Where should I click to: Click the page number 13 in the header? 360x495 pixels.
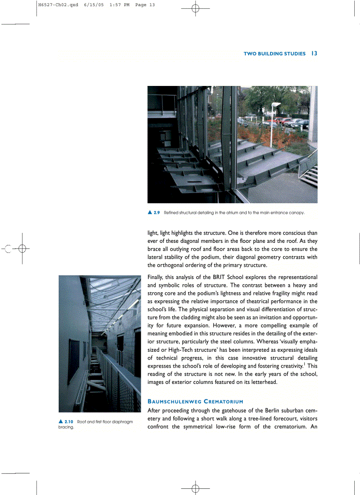pos(314,53)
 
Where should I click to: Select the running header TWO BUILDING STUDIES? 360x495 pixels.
pos(274,54)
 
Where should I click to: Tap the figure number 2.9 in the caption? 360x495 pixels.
pos(157,212)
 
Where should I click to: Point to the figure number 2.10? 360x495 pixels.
pos(68,422)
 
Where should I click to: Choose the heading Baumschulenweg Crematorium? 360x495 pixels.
pos(195,402)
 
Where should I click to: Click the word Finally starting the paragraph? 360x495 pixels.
pos(157,277)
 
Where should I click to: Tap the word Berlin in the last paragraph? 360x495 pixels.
pos(259,410)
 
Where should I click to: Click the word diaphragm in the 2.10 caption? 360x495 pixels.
pos(121,422)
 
